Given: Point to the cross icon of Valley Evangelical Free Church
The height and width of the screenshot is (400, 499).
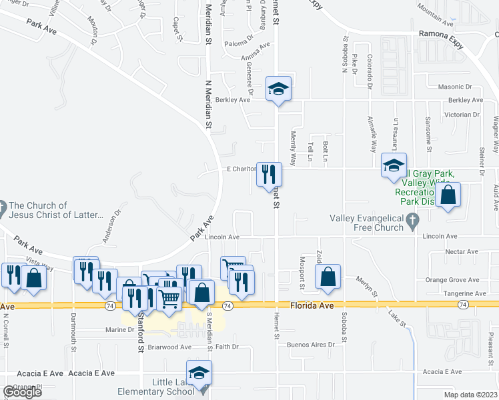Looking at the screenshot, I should coord(413,219).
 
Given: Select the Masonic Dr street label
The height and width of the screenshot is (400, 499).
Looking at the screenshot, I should coord(454,87).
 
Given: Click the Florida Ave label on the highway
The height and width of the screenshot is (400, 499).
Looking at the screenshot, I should coord(312,305).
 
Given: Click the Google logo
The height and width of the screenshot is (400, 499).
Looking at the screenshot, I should coord(22,391).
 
